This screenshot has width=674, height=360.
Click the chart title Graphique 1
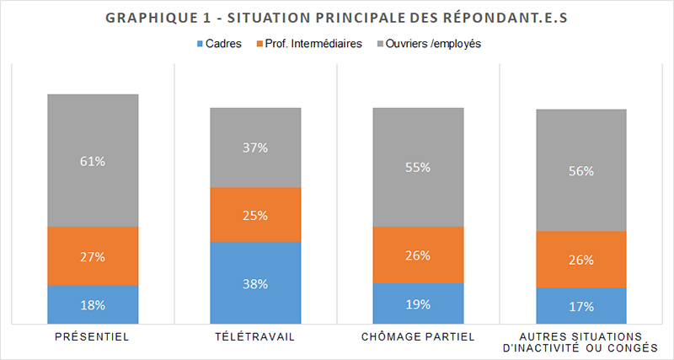(x=336, y=19)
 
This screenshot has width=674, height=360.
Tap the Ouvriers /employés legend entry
(x=431, y=43)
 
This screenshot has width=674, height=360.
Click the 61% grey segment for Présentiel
(x=93, y=160)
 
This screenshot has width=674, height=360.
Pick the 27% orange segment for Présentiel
(x=93, y=256)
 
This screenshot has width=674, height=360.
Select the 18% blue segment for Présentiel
(x=93, y=304)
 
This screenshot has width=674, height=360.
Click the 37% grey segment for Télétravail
(x=255, y=148)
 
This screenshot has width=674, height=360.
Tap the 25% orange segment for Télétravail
(x=255, y=215)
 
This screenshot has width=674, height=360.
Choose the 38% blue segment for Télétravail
(x=255, y=282)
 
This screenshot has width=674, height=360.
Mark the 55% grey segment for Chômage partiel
(x=419, y=167)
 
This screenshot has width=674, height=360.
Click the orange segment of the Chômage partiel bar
(x=419, y=255)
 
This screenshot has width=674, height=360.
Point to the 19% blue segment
(x=419, y=303)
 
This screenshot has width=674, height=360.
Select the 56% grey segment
(x=581, y=170)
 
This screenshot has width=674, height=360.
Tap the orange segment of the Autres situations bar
(x=581, y=260)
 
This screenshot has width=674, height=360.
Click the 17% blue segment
(x=581, y=305)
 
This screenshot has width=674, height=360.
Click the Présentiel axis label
(x=93, y=336)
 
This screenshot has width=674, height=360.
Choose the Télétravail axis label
(x=255, y=336)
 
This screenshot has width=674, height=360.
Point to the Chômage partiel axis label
(x=419, y=336)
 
